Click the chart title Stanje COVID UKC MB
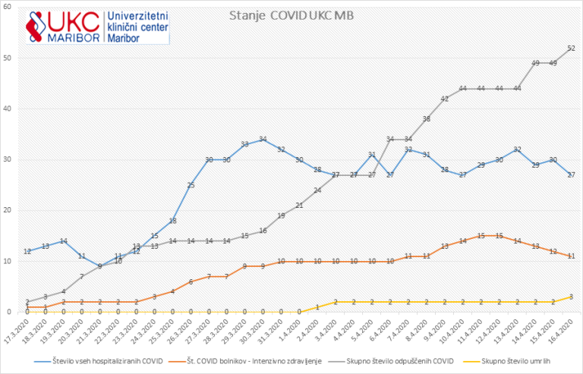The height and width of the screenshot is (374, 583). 291,15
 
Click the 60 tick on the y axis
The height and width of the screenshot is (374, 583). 6,7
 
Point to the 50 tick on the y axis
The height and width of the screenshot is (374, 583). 6,58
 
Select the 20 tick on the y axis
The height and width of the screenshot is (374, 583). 6,210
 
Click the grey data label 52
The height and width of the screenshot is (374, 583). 571,49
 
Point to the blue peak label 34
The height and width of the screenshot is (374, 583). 263,140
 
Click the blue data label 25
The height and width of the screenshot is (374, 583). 191,185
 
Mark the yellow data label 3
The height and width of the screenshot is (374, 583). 571,297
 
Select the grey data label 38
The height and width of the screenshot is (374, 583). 427,119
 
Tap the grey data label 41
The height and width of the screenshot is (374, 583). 445,99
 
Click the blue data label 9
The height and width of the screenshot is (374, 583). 99,266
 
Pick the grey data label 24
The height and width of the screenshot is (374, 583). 317,190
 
